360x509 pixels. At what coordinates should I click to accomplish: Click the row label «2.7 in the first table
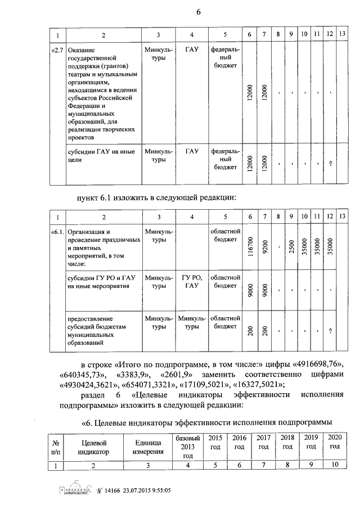[x=57, y=51]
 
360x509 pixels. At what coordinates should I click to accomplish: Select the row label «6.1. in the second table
[x=57, y=232]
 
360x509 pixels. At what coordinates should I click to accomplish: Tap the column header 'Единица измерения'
[x=147, y=446]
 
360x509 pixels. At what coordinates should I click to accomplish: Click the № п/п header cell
[x=56, y=446]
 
